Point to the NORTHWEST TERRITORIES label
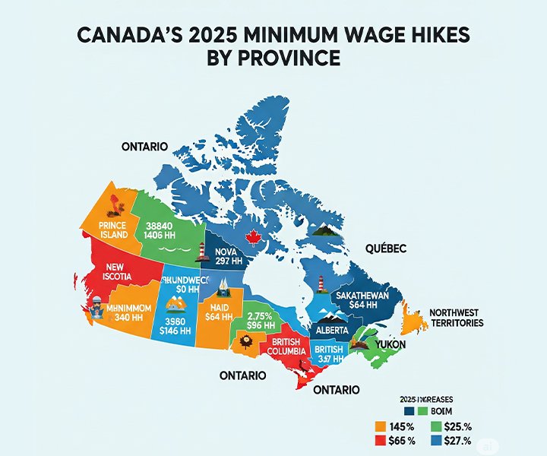(x=456, y=318)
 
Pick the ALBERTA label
(x=333, y=331)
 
